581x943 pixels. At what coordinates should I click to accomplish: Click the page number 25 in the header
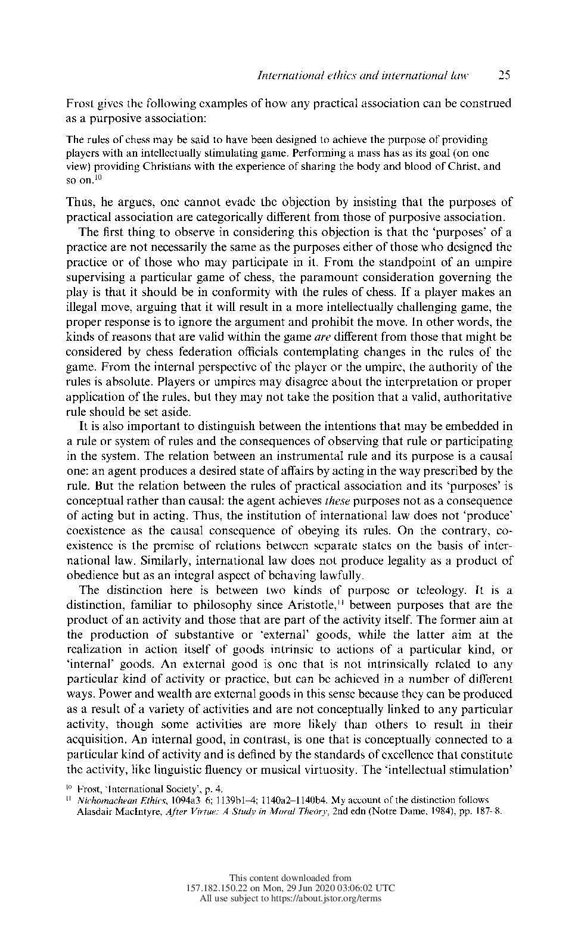coord(504,76)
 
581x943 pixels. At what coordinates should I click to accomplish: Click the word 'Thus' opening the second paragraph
coord(79,203)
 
